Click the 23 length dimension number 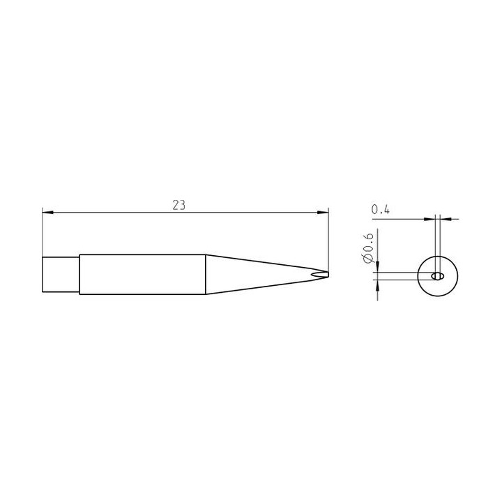click(x=178, y=205)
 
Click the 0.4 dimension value click(x=381, y=210)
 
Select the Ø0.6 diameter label click(x=369, y=249)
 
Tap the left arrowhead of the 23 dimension click(x=47, y=212)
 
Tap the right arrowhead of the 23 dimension click(x=323, y=212)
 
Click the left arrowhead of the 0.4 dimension click(x=429, y=220)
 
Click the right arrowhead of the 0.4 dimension click(x=446, y=220)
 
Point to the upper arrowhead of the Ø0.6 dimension click(x=378, y=267)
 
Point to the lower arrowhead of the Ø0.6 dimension click(x=378, y=285)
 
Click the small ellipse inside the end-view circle click(x=437, y=276)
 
